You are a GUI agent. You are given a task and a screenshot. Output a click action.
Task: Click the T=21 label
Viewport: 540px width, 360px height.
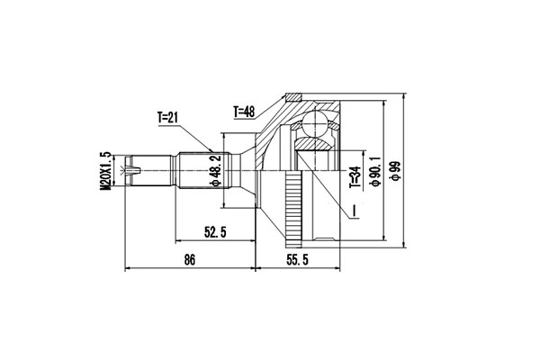click(167, 117)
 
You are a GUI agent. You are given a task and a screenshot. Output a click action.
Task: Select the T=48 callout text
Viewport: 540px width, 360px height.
click(245, 112)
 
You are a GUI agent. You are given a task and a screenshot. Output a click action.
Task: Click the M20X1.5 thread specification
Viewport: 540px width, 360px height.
click(105, 168)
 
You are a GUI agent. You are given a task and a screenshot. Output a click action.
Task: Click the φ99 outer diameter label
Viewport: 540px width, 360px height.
click(392, 168)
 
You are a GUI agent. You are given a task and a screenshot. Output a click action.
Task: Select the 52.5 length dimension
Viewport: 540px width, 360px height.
click(213, 232)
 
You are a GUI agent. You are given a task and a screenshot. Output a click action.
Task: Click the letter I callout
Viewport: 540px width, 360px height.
click(355, 211)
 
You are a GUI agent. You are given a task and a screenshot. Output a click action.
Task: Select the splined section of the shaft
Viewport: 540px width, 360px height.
click(193, 168)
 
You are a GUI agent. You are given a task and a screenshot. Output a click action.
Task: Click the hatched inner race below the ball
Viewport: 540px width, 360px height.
click(313, 144)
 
